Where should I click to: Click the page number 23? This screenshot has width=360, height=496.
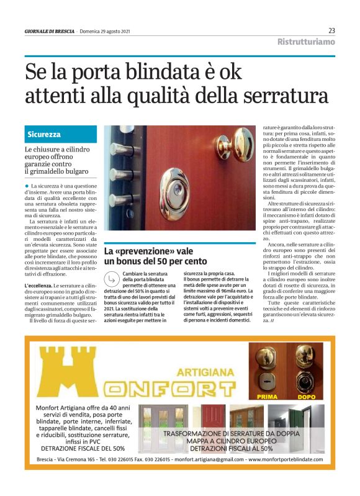point(331,30)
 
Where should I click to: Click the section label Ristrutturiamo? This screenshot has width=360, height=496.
point(306,42)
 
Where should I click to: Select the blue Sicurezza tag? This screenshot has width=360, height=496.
point(44,134)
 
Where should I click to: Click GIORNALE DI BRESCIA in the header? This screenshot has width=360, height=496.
point(49,32)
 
